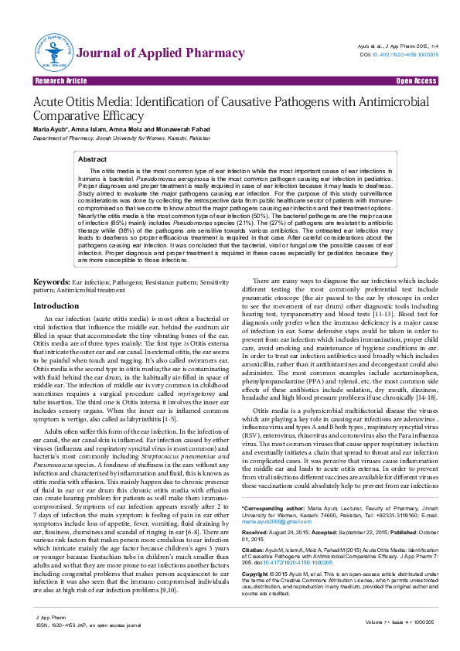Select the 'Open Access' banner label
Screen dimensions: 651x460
(416, 81)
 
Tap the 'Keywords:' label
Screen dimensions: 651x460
(52, 284)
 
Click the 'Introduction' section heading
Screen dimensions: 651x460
(56, 306)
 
